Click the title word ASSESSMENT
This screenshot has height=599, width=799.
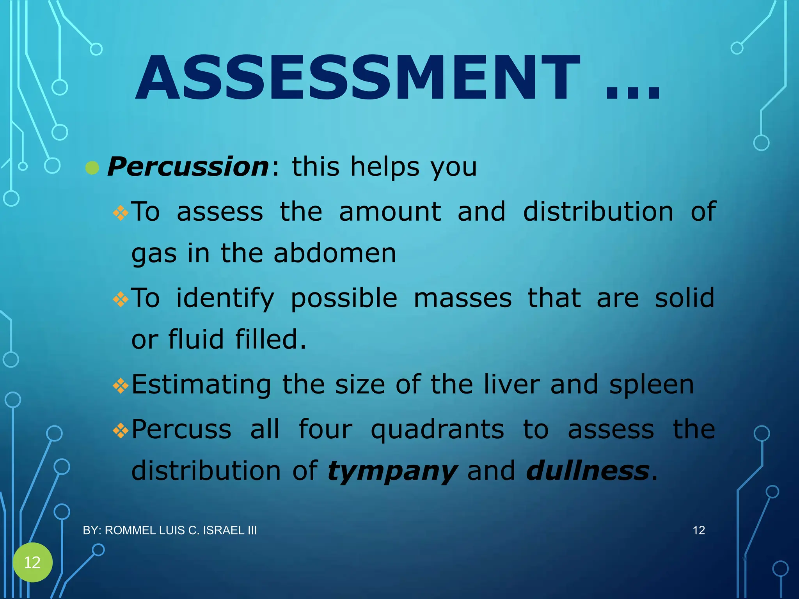click(x=357, y=78)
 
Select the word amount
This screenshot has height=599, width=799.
click(x=390, y=212)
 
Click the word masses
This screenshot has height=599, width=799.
click(x=462, y=298)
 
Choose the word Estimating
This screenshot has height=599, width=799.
click(x=201, y=385)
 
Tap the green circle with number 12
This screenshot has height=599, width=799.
click(x=32, y=562)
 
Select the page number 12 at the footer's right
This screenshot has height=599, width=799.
click(x=698, y=530)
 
